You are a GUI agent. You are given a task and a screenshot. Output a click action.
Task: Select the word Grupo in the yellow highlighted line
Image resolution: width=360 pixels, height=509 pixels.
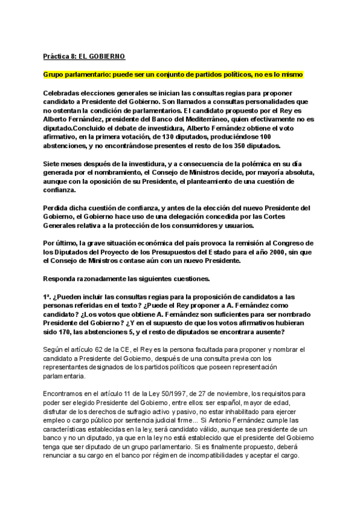point(54,74)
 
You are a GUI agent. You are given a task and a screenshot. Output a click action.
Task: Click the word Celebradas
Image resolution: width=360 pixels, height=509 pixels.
point(64,94)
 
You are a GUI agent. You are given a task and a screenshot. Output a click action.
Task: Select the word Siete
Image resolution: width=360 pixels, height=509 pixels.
point(52,164)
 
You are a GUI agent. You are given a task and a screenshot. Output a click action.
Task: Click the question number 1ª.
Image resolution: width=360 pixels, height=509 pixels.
point(47,298)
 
